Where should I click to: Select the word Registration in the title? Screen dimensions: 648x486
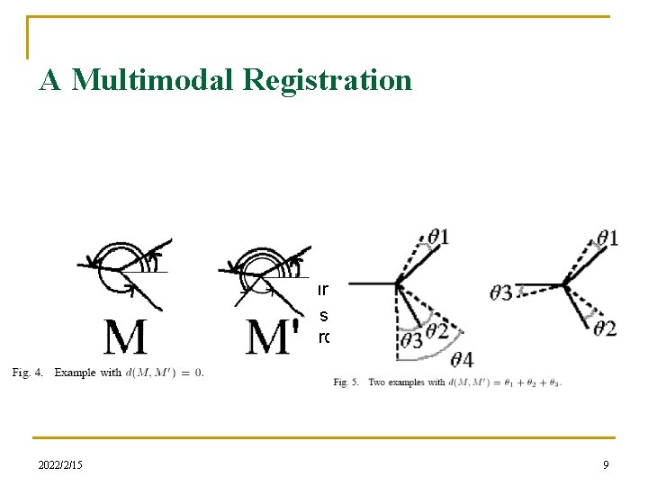328,81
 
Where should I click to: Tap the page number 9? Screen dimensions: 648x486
606,464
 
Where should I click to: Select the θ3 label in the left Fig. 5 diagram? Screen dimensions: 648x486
412,339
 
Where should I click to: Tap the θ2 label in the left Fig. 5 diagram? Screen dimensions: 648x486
437,330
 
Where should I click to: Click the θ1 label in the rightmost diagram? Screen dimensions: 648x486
608,237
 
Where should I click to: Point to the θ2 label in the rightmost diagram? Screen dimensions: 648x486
605,328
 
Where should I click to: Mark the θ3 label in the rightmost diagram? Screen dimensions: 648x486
502,292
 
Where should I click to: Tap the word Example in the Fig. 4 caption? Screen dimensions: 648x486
75,373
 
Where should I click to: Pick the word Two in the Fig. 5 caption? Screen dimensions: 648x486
378,382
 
